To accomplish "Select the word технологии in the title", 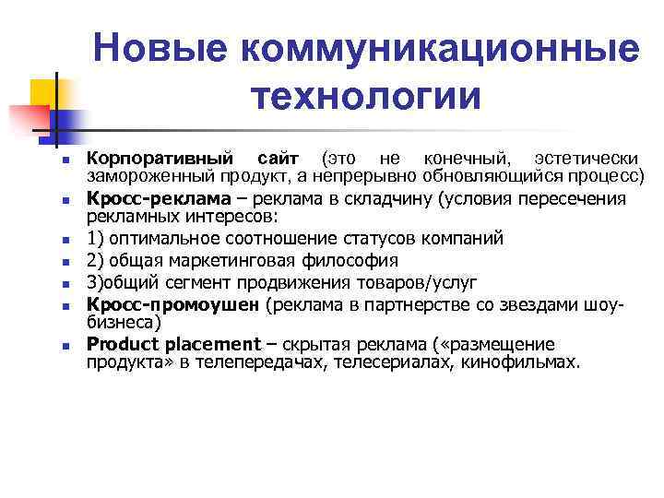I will (x=365, y=96).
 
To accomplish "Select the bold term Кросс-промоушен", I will (x=173, y=304).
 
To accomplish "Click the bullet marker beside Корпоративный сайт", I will (x=66, y=161).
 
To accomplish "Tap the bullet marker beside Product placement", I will (x=66, y=346).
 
